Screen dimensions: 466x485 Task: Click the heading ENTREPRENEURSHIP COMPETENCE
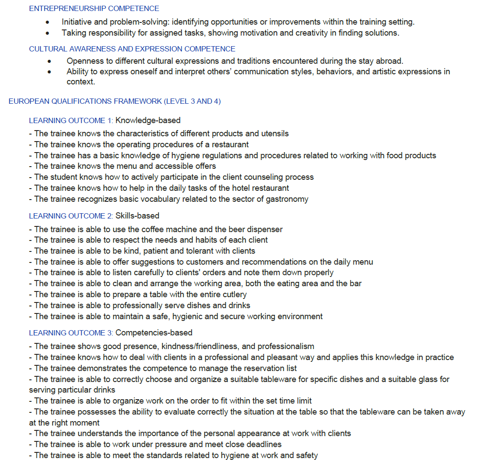pos(94,8)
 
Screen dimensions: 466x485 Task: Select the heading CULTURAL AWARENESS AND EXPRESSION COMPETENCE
pos(132,49)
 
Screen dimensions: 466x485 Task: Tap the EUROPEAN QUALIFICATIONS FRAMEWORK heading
pos(115,101)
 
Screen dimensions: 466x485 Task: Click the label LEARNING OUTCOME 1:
pos(71,120)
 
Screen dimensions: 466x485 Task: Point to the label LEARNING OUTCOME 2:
pos(71,216)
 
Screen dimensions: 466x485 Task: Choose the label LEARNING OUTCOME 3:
pos(71,333)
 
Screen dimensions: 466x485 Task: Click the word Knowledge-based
pos(148,120)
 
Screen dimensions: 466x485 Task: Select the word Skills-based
pos(138,216)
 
